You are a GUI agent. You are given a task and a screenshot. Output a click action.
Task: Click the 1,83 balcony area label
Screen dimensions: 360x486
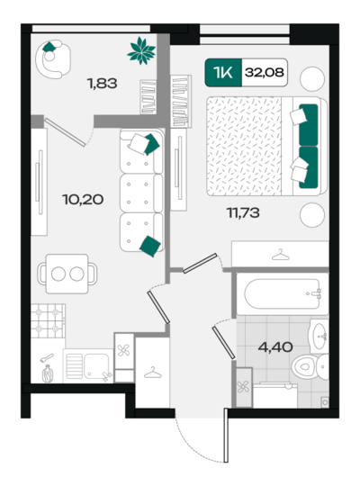102,84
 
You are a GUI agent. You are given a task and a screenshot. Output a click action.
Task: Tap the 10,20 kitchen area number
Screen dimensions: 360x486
83,199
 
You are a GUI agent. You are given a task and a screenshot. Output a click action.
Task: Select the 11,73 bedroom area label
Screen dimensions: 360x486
243,213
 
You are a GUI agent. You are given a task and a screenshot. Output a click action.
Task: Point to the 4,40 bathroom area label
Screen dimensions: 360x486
275,347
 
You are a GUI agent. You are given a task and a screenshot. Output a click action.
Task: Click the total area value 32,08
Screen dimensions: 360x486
265,73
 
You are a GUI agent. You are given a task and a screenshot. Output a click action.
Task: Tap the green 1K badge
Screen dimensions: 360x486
223,73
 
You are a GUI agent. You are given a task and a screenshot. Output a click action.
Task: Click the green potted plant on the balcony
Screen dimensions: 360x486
141,50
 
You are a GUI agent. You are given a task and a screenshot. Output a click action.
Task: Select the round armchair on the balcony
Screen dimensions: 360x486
53,58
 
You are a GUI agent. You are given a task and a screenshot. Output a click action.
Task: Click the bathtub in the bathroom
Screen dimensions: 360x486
283,293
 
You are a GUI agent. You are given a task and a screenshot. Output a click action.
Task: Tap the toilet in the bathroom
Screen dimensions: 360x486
310,367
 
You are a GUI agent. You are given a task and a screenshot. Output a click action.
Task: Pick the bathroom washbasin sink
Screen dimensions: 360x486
319,337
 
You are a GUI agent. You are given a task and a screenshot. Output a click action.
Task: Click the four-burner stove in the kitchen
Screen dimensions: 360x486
48,320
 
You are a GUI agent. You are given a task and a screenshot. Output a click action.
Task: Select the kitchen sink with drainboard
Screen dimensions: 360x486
88,366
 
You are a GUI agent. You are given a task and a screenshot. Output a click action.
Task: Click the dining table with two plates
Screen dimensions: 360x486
67,274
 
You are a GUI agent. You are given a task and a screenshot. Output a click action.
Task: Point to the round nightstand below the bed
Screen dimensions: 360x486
312,215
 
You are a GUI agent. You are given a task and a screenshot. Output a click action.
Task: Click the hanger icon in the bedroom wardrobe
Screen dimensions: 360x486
280,255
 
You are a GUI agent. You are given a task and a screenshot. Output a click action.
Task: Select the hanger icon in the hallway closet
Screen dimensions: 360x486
153,373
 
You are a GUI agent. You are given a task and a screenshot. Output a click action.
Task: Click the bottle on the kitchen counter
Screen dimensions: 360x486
48,373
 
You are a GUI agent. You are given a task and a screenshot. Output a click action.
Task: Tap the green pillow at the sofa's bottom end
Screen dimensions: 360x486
150,246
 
